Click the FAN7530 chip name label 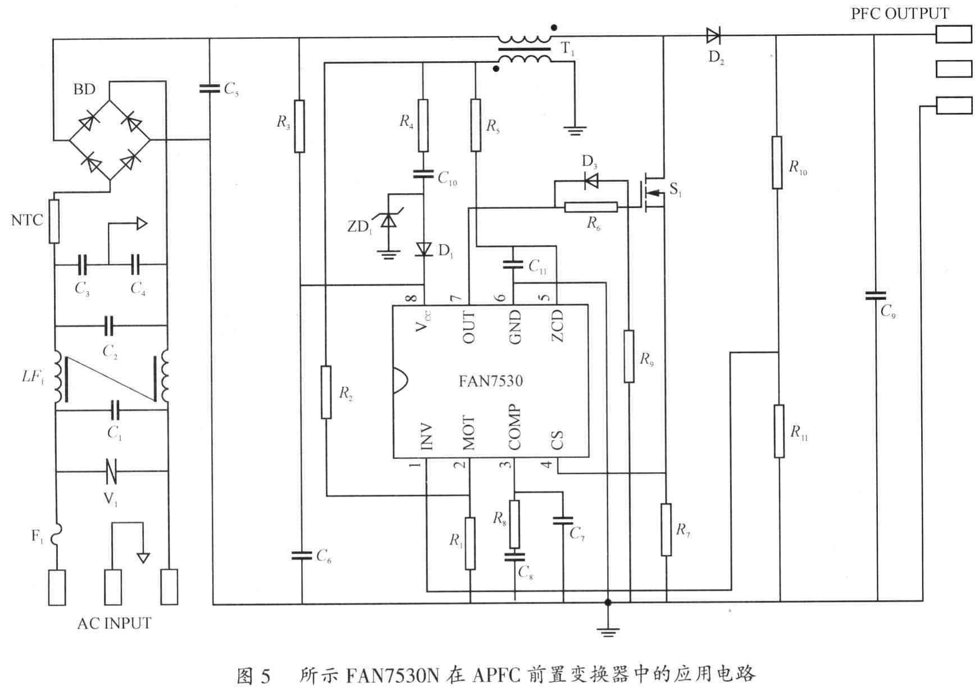[x=490, y=381]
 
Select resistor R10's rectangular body [x=777, y=162]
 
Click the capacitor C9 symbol [x=875, y=295]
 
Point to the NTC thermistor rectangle [x=54, y=221]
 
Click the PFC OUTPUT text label [x=899, y=13]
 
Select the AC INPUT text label [x=114, y=624]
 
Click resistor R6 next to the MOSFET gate [x=591, y=207]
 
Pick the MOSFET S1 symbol [x=652, y=194]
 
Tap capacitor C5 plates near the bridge [x=210, y=88]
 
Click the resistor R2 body [x=326, y=392]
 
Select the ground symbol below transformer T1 [x=575, y=131]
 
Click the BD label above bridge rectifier [x=84, y=89]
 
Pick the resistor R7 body [x=666, y=529]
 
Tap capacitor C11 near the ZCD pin [x=513, y=264]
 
